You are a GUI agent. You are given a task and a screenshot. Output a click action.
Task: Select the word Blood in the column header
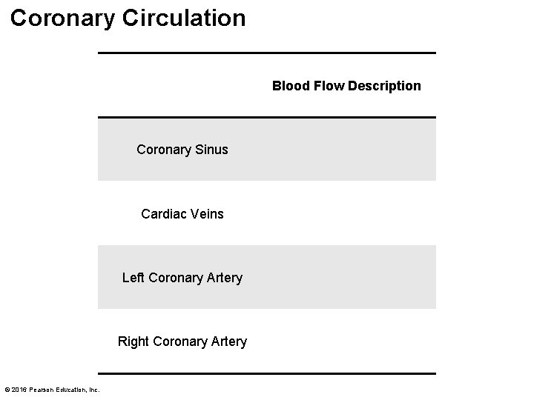point(289,86)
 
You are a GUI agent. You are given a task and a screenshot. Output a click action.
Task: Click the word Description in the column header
point(384,86)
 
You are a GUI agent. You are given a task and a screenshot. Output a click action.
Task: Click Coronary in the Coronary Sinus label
point(163,150)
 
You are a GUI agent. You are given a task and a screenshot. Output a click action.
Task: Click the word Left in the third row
point(133,278)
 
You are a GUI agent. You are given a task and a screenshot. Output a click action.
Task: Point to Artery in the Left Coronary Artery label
point(224,278)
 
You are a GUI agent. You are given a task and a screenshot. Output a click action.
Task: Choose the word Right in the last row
point(133,341)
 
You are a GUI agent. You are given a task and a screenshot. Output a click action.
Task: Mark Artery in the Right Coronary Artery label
point(228,341)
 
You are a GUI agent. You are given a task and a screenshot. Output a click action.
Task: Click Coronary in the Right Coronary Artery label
point(178,341)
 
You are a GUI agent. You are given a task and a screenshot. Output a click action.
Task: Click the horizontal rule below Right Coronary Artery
point(267,373)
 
